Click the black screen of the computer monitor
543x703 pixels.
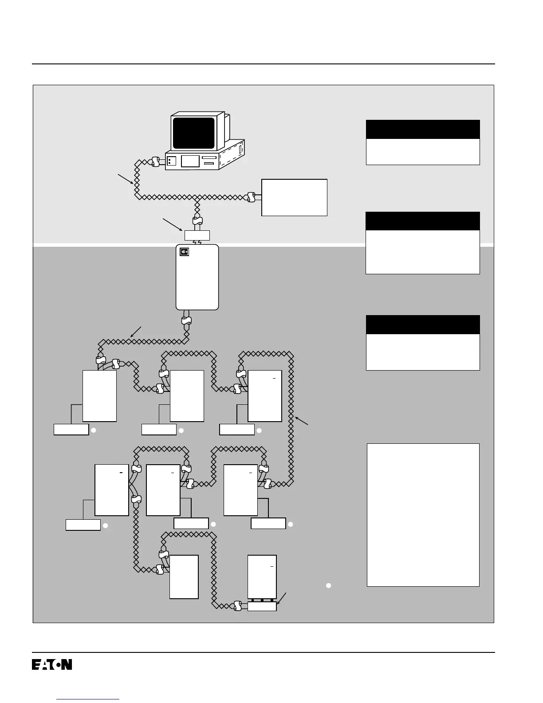[193, 133]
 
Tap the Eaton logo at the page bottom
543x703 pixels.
[52, 664]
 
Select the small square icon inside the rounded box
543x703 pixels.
[185, 252]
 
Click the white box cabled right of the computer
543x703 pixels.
[294, 197]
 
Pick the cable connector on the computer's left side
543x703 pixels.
[155, 162]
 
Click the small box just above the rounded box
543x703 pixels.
[197, 235]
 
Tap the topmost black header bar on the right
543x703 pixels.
[422, 129]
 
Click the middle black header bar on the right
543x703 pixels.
[422, 221]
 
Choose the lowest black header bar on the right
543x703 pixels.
[422, 324]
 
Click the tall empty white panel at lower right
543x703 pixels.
[423, 515]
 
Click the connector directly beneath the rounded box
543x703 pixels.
[187, 321]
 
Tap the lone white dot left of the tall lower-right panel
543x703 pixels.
[329, 585]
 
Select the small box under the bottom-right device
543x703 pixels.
[262, 606]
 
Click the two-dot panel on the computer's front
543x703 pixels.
[171, 161]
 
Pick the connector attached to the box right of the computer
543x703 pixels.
[251, 197]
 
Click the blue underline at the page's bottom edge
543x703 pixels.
[88, 699]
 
